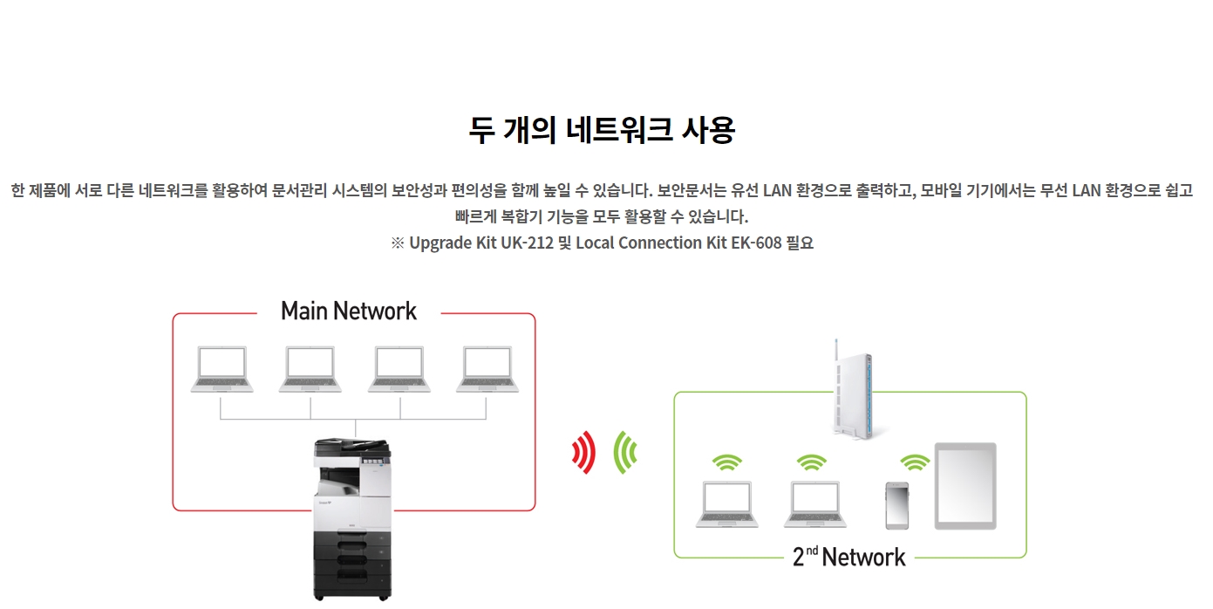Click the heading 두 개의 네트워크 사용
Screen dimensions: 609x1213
(x=602, y=130)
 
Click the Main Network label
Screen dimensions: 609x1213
(x=349, y=311)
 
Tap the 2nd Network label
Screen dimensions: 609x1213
(x=849, y=557)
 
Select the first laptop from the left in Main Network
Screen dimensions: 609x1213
(x=221, y=369)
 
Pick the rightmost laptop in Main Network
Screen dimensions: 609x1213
(x=488, y=369)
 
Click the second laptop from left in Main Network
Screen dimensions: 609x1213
(x=310, y=369)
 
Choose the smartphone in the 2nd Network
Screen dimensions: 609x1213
(x=897, y=505)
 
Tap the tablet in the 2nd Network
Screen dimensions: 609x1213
(x=965, y=486)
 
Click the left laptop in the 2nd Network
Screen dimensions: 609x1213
(x=726, y=505)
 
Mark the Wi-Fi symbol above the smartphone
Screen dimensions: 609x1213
(x=915, y=462)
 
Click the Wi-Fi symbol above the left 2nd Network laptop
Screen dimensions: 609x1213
(x=726, y=462)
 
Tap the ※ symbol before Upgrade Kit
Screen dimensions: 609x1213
(x=398, y=243)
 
